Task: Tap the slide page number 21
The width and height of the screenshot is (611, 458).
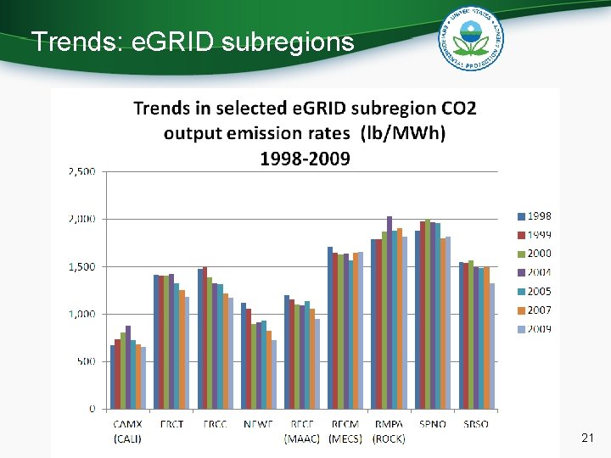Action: coord(586,438)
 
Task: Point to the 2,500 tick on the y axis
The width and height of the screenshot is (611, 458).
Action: coord(81,171)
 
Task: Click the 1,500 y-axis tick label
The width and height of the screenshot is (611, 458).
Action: coord(81,266)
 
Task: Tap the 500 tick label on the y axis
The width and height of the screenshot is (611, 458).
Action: coord(86,361)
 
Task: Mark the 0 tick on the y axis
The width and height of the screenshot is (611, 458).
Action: coord(92,409)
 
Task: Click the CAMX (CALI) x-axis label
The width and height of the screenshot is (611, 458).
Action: coord(128,431)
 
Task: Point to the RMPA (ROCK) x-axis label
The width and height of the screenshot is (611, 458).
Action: coord(390,431)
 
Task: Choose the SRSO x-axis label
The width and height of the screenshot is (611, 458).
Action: coord(476,424)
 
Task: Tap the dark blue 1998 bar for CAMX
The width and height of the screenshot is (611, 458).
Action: coord(113,377)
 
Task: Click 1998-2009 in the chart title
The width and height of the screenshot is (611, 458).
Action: coord(305,159)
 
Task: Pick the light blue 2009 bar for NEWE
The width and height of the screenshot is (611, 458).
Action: coord(274,374)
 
